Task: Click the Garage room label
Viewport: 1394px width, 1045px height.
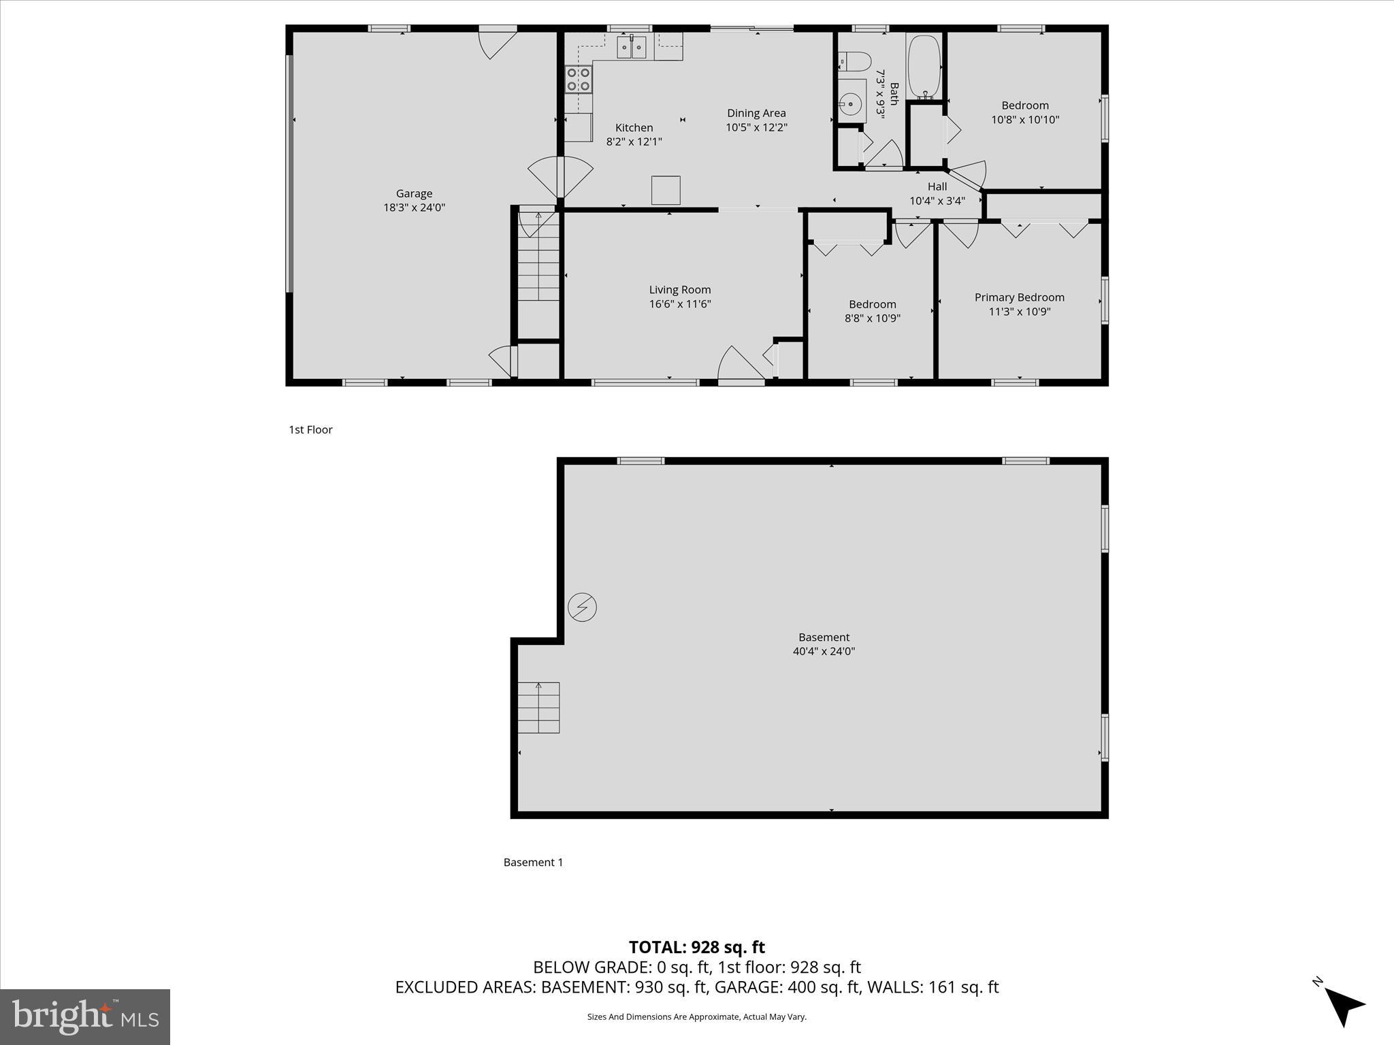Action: [414, 194]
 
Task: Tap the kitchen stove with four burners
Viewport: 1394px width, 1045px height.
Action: [579, 80]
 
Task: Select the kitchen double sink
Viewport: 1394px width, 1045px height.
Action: [631, 48]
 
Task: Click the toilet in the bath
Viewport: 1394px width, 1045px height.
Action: [857, 62]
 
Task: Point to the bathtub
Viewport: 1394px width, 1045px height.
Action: [923, 67]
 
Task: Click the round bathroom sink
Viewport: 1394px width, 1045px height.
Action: [850, 105]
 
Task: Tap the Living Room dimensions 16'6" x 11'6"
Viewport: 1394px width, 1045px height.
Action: [679, 304]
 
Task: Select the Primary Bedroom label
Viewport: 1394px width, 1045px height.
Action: [1019, 297]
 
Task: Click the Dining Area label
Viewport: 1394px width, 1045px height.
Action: [756, 114]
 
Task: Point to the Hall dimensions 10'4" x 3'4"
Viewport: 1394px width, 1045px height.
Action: [937, 201]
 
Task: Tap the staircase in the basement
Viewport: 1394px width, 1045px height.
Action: [538, 708]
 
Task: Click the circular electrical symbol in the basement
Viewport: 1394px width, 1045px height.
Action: [582, 607]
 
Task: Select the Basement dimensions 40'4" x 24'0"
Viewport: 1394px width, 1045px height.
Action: [823, 651]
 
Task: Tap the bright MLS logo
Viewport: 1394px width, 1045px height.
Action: [84, 1016]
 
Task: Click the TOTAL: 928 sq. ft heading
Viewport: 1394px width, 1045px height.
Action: [696, 947]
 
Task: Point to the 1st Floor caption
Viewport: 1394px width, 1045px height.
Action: [310, 429]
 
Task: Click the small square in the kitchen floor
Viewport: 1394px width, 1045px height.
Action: [665, 190]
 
